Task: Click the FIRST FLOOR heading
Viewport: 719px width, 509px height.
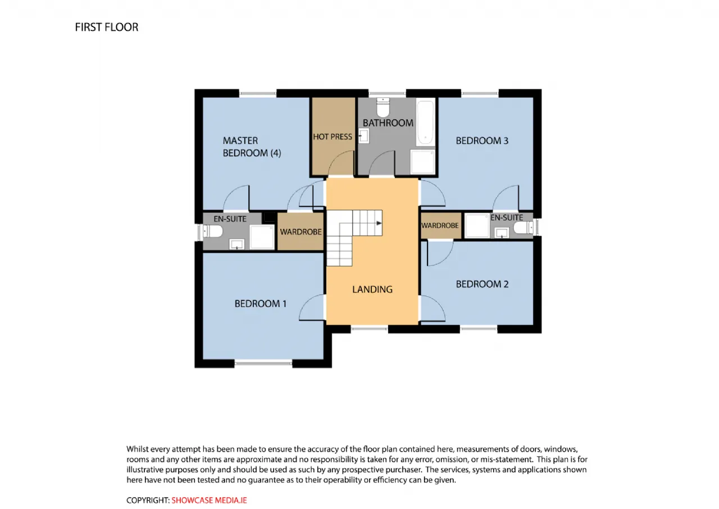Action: click(107, 28)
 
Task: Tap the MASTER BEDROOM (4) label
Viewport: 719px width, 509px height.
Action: click(252, 147)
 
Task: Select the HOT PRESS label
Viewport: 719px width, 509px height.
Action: click(333, 137)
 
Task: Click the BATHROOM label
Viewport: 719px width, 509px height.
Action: click(388, 123)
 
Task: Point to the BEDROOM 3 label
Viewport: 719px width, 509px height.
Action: click(482, 141)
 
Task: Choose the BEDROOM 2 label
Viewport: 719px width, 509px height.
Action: click(482, 284)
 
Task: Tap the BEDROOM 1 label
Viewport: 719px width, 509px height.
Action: click(260, 304)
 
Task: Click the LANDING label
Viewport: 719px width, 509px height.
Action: click(372, 290)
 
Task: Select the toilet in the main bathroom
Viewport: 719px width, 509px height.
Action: click(383, 107)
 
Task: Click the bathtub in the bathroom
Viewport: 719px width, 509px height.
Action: click(426, 123)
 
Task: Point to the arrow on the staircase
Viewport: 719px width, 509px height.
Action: click(379, 223)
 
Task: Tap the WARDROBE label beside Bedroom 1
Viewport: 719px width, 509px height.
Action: click(301, 232)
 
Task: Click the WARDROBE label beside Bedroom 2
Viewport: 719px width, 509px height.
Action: click(440, 226)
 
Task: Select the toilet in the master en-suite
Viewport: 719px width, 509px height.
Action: click(213, 231)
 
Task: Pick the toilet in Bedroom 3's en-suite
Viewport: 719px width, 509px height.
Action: click(524, 228)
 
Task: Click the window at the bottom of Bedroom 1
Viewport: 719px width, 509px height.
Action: click(263, 363)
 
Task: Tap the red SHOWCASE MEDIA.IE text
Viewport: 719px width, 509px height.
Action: click(210, 501)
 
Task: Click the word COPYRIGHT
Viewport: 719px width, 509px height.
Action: click(147, 501)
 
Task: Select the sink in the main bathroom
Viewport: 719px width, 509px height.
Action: click(364, 136)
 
